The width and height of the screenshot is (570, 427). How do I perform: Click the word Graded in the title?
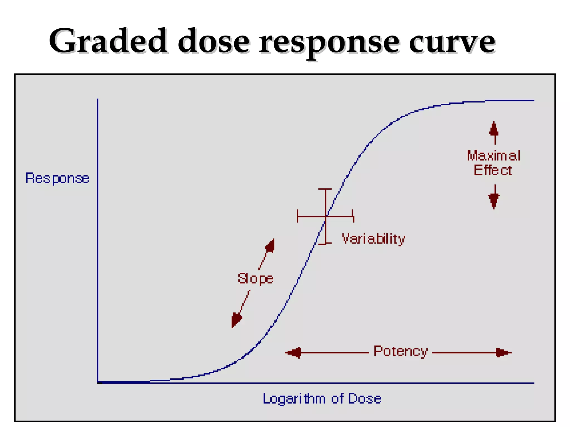109,41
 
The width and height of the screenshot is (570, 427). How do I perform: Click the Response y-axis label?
57,178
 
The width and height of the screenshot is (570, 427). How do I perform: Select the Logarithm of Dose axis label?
322,399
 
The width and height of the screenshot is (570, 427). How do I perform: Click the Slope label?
255,279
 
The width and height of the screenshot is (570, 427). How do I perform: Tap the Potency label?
401,351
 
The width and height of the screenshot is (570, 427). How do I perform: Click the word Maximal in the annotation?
493,156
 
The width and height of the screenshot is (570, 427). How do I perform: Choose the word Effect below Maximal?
493,170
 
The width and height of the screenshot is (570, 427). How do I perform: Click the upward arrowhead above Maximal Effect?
494,129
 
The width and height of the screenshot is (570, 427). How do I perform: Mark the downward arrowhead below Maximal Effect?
494,200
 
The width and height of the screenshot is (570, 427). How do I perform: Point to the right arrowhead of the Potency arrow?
503,353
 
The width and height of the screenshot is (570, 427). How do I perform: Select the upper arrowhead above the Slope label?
270,245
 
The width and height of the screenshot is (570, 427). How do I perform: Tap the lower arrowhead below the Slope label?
236,321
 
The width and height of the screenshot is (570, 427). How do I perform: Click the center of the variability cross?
326,216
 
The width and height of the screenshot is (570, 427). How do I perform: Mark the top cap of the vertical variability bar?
325,189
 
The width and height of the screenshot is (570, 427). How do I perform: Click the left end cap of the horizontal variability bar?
298,216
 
